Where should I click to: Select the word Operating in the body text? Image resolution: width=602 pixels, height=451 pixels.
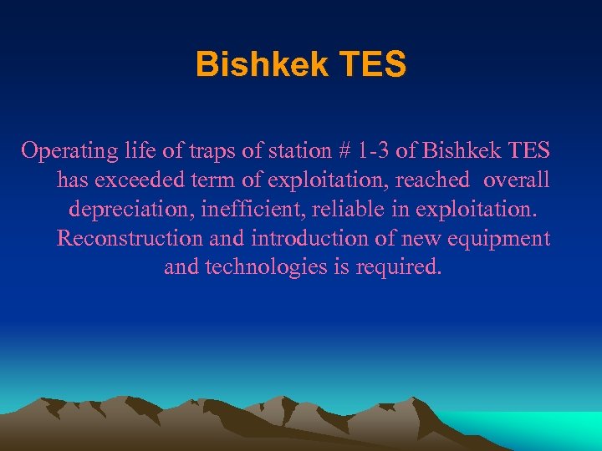(x=69, y=150)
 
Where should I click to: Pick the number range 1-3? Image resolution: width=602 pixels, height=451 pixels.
(x=373, y=150)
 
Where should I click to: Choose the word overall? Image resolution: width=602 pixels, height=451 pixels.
(x=516, y=180)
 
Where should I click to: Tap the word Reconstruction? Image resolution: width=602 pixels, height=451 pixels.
(x=130, y=238)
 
